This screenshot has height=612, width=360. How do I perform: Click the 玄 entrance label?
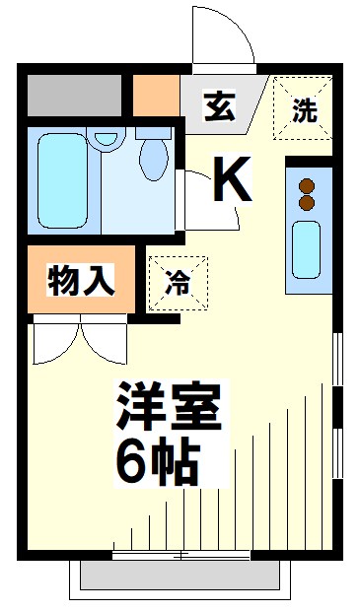[x=219, y=105]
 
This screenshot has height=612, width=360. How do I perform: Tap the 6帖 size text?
[x=158, y=461]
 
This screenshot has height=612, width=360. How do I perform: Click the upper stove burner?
[x=306, y=185]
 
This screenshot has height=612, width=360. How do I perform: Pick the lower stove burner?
[x=306, y=203]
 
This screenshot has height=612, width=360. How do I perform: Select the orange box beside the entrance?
[x=155, y=95]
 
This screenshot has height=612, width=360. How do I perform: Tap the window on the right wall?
[x=338, y=404]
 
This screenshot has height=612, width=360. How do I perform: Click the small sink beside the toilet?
[x=104, y=143]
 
